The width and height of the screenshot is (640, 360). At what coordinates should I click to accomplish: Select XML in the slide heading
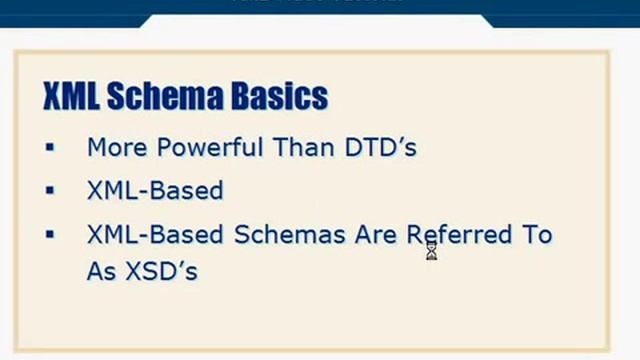(x=70, y=96)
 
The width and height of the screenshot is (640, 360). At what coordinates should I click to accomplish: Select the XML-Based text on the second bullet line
(x=154, y=190)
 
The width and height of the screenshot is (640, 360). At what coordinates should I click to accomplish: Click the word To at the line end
(x=533, y=235)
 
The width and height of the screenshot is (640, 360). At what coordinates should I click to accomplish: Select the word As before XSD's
(x=101, y=270)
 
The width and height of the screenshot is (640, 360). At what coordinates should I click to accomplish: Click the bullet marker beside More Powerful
(x=50, y=148)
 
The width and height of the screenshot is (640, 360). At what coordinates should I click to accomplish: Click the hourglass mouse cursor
(x=431, y=251)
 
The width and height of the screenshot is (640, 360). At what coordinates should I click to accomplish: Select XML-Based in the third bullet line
(x=154, y=235)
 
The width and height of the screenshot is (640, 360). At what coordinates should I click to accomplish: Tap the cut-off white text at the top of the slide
(x=318, y=3)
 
